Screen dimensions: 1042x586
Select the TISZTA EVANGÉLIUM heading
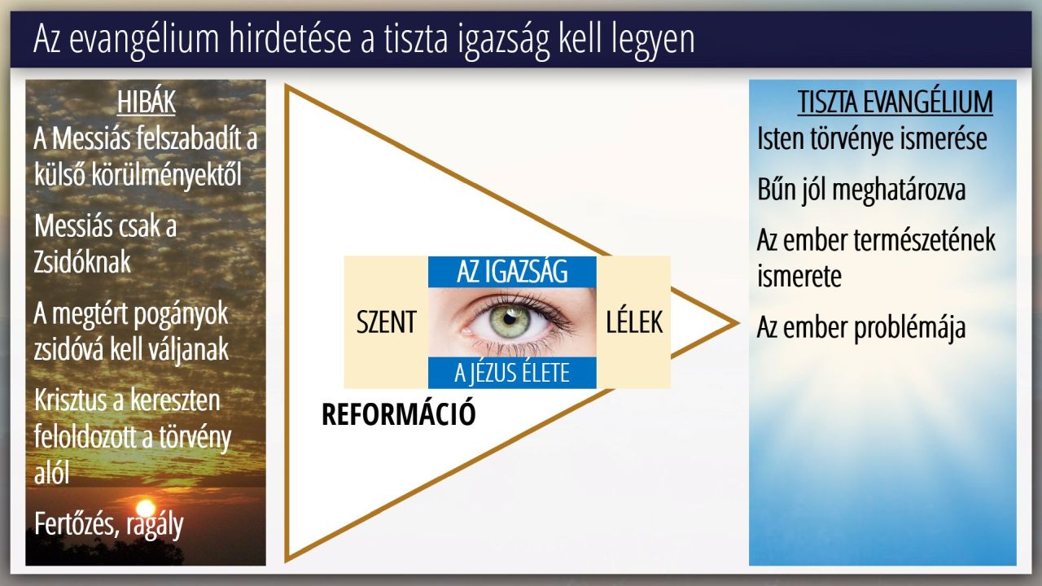(x=895, y=102)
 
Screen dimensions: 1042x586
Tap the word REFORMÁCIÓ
(x=399, y=414)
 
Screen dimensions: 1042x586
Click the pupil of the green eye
(x=510, y=320)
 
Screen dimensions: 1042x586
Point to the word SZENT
(x=386, y=321)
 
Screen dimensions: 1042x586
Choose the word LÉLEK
(x=634, y=321)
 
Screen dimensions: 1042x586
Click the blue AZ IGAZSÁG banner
(x=512, y=272)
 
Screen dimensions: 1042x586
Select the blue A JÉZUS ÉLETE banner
(x=512, y=373)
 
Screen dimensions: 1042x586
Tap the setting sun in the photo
(x=146, y=509)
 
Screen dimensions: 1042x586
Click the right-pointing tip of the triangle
(x=738, y=323)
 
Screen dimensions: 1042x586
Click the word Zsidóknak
(x=82, y=262)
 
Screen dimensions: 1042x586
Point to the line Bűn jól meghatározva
(x=861, y=190)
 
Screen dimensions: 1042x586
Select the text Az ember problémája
(x=861, y=327)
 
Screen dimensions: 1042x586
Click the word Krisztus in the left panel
(x=70, y=400)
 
